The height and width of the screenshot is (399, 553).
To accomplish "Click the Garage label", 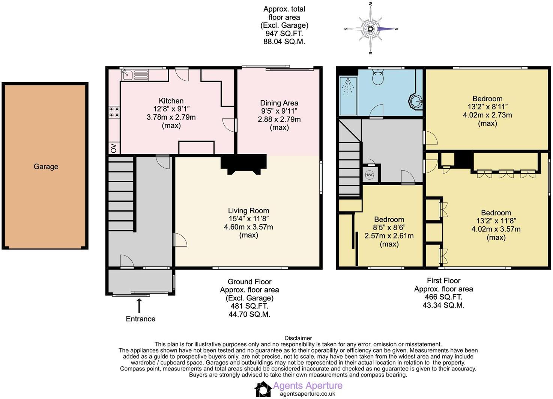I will point(46,166).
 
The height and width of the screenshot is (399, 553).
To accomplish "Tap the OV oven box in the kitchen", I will point(113,148).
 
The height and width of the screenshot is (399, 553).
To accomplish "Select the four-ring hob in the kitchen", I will point(114,112).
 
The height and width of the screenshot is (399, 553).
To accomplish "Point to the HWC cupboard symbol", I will point(370,175).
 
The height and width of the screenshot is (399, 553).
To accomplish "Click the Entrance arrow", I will point(140,305).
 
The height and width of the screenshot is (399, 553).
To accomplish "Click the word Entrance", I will point(140,319).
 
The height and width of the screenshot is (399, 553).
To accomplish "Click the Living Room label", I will point(248,211).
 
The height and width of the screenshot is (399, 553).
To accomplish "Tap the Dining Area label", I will point(279,103).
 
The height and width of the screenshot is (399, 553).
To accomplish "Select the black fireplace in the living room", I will point(243,163).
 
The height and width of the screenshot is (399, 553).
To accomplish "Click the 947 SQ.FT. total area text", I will point(284,33).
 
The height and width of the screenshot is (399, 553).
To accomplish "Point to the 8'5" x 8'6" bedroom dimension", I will point(389,228).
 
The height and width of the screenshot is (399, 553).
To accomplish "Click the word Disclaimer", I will point(298,338).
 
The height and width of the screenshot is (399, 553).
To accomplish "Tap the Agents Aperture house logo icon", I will point(263,389).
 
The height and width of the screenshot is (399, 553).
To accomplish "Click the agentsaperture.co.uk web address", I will point(307,394).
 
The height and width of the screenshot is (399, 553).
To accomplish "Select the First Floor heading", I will point(443,280).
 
